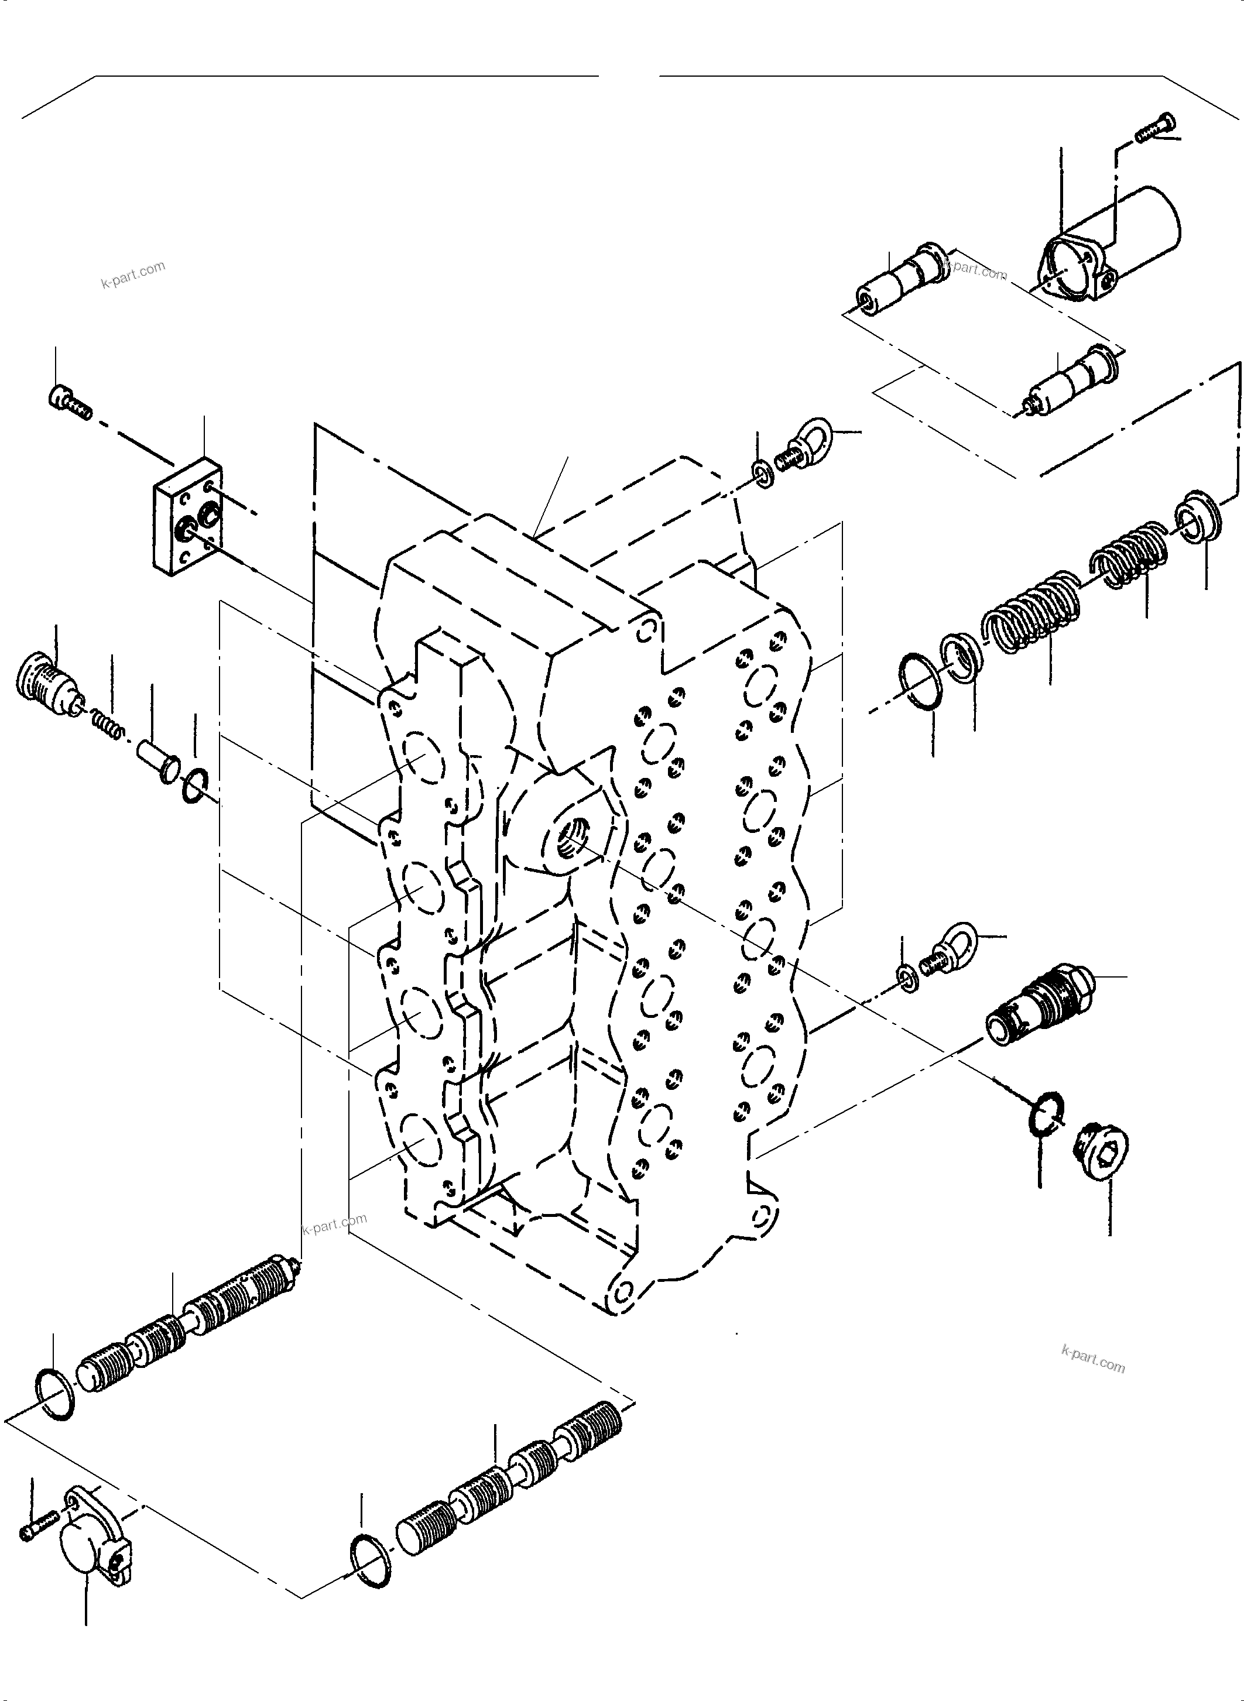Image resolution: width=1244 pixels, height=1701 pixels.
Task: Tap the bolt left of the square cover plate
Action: tap(69, 403)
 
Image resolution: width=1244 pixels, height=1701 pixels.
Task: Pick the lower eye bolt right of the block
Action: tap(952, 947)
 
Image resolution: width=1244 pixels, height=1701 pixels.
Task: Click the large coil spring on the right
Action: tap(1031, 618)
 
